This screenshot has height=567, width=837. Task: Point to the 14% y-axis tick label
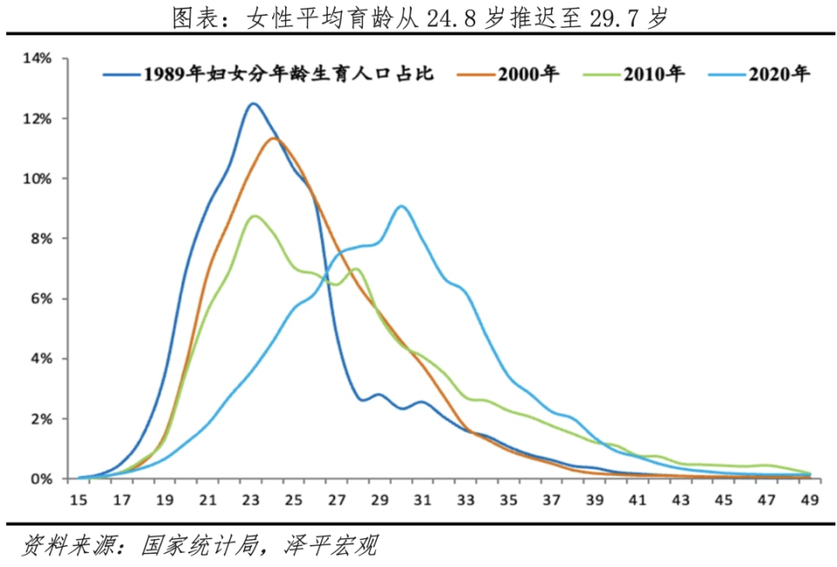(38, 58)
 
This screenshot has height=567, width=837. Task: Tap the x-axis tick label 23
(253, 500)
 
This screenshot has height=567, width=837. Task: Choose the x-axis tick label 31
(423, 500)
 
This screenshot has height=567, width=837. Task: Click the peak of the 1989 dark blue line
(253, 104)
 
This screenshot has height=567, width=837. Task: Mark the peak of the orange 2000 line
(274, 138)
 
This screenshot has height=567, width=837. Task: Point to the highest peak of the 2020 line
(401, 206)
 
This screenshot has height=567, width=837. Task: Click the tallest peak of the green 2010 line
(254, 215)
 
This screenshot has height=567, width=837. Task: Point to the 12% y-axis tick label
(38, 118)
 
